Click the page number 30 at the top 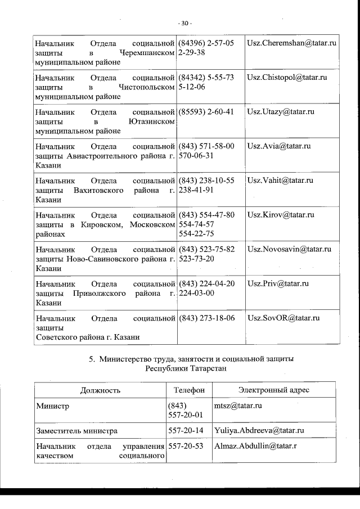[x=184, y=24]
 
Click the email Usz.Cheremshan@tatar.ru [x=291, y=43]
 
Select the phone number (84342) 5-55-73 [x=205, y=77]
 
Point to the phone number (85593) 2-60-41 [x=205, y=112]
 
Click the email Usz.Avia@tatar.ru [x=279, y=146]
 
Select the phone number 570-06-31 [x=195, y=155]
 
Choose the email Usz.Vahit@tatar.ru [x=280, y=181]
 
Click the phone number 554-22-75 [x=195, y=233]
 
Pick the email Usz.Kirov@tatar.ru [x=280, y=215]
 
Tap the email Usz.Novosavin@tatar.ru [x=289, y=249]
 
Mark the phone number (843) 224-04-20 [x=206, y=283]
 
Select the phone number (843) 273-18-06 [x=206, y=318]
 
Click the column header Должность [x=100, y=390]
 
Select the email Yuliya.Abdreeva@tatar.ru [x=259, y=431]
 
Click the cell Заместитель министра [x=76, y=431]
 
